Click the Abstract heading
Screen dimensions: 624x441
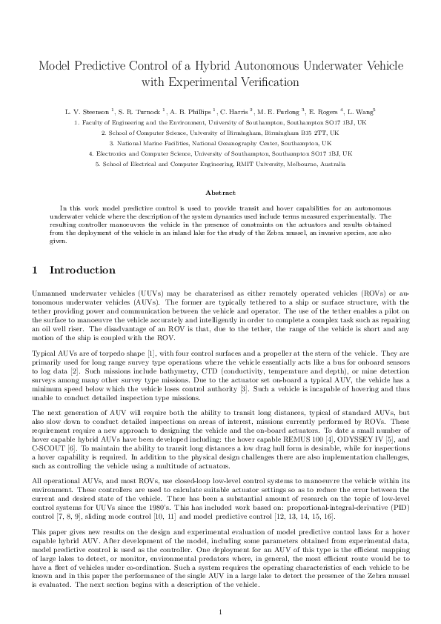pyautogui.click(x=220, y=191)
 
